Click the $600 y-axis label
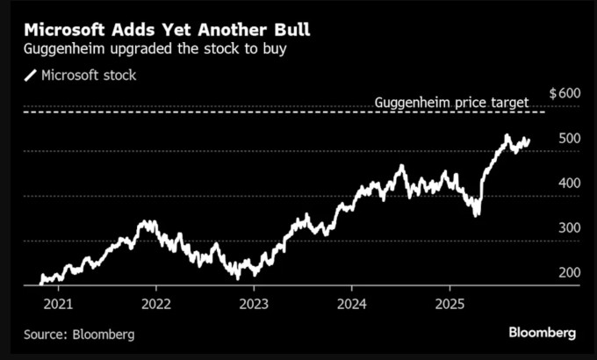click(564, 93)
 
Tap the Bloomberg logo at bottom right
click(542, 333)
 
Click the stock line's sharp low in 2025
click(477, 213)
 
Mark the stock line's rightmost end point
click(529, 140)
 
